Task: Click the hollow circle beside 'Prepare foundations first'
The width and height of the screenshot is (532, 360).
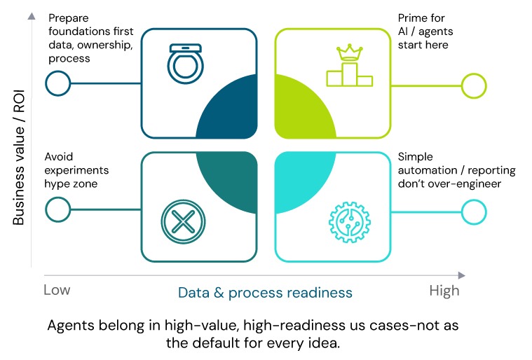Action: [57, 84]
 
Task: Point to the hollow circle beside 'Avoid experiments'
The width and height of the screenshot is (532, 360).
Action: [57, 209]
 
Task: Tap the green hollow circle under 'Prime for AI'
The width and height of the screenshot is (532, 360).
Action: [474, 85]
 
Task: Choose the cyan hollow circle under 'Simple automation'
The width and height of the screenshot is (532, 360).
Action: [474, 209]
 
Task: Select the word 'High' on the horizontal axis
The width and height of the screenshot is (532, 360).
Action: [444, 290]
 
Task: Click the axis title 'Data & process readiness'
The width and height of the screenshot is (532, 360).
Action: [265, 292]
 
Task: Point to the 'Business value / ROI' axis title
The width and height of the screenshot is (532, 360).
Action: [19, 162]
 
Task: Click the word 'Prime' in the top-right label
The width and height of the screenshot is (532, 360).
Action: [414, 17]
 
